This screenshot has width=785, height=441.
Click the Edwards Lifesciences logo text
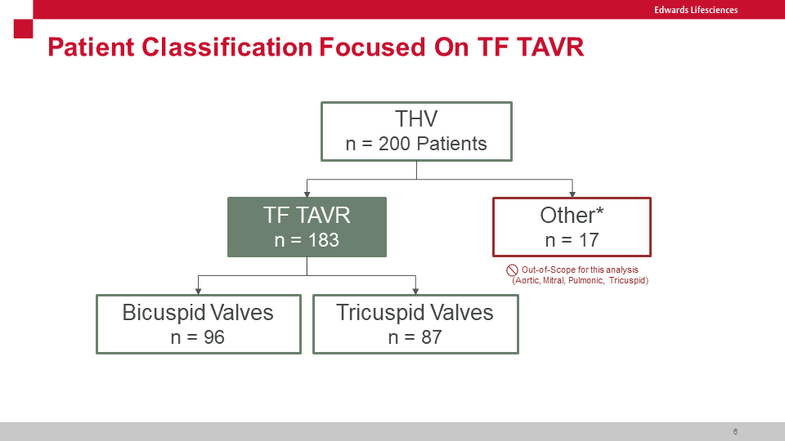696,10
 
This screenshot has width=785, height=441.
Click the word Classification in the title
227,47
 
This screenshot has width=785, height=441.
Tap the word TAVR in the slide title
550,47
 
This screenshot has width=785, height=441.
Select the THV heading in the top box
416,119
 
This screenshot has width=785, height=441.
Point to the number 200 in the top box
394,144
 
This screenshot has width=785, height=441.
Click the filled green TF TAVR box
307,227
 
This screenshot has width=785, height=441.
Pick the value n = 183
307,240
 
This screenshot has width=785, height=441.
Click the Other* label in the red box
572,216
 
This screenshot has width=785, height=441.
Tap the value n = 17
572,240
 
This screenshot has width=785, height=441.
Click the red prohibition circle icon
512,270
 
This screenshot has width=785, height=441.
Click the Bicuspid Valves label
198,313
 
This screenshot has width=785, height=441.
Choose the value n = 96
198,337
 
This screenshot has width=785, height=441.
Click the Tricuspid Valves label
415,313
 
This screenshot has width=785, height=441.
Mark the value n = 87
415,337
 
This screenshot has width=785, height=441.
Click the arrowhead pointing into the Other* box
572,194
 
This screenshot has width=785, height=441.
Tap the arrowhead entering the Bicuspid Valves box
198,292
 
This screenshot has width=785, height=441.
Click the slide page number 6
735,431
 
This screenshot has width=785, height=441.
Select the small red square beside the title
23,29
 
